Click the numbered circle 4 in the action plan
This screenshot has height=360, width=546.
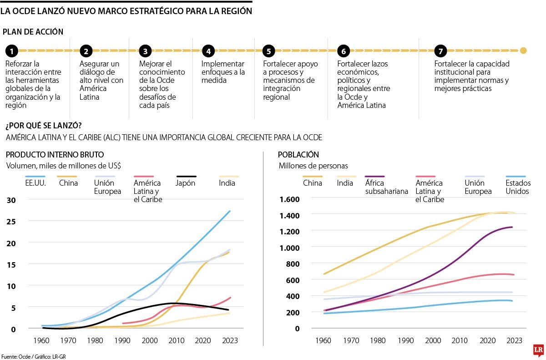208,51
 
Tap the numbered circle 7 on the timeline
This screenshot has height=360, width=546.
440,51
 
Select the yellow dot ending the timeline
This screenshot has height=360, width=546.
523,51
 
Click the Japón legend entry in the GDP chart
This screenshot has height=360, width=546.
186,183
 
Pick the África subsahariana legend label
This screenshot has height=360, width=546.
386,187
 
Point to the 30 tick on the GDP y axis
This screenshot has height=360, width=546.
11,200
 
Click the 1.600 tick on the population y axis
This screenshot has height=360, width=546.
289,199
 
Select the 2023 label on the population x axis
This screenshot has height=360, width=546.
515,340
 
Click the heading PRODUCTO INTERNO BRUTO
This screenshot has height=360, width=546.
55,155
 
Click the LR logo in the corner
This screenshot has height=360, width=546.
538,350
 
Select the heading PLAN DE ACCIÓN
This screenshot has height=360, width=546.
33,31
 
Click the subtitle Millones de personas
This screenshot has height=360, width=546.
313,166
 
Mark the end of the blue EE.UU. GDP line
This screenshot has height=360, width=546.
230,211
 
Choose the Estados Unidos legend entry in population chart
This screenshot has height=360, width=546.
517,187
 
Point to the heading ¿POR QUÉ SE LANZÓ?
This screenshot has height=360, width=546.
40,125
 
